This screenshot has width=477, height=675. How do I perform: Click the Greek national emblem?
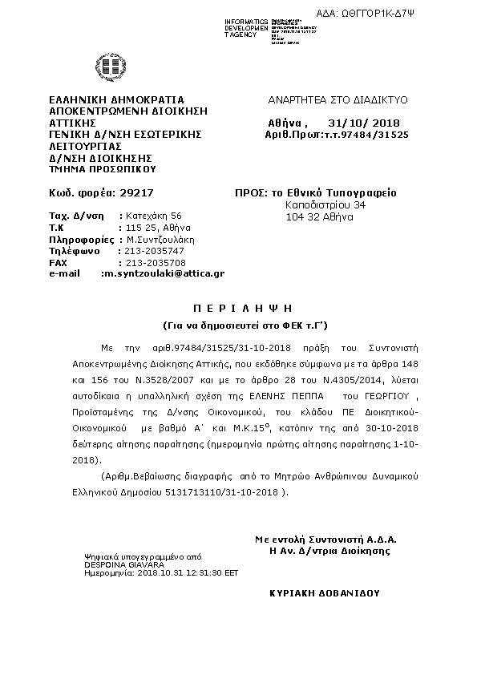[x=107, y=67]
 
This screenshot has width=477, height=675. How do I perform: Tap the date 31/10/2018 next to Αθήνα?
[x=364, y=123]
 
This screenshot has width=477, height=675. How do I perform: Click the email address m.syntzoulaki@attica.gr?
[x=163, y=273]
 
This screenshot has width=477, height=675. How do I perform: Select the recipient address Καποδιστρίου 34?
[x=325, y=205]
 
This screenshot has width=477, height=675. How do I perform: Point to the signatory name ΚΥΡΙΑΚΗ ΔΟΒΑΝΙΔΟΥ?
[x=325, y=593]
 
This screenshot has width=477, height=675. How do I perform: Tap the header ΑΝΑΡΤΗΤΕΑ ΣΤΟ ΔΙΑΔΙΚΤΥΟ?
[x=338, y=100]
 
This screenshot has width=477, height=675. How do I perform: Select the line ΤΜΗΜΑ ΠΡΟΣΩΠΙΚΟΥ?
[x=102, y=169]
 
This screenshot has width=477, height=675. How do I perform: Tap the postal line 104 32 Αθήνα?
[x=313, y=216]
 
